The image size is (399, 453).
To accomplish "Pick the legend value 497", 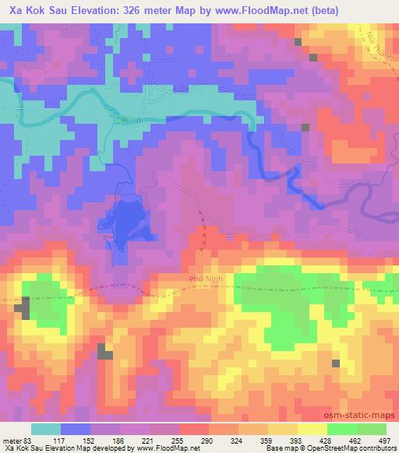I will pos(385,440).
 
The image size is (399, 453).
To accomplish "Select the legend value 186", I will pos(118,440).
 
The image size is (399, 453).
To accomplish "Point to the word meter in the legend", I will pos(13,440).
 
